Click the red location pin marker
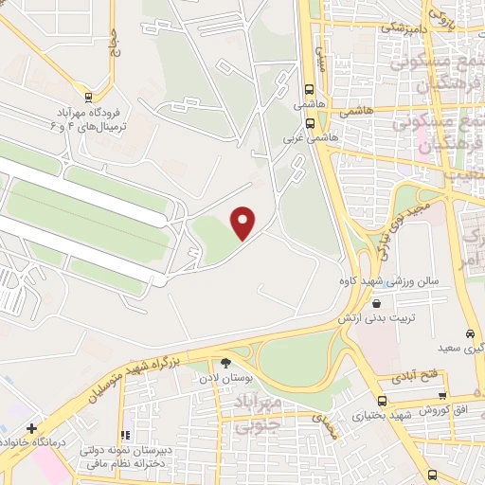pos(244,223)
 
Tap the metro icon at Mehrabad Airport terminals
pos(88,96)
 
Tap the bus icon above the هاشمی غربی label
pos(310,121)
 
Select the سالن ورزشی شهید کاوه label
pos(379,281)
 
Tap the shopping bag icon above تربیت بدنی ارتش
pos(377,304)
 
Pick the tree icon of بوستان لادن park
pos(225,362)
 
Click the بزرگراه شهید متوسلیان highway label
pos(141,371)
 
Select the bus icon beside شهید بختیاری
pos(382,401)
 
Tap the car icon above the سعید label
pos(470,333)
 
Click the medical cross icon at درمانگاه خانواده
pos(32,428)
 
